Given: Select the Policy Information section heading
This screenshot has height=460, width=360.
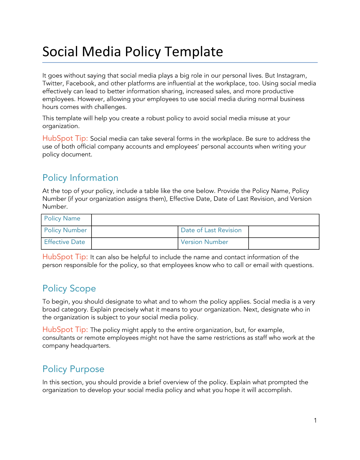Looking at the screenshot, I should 80,178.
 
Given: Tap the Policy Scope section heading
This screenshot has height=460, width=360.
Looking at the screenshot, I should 69,288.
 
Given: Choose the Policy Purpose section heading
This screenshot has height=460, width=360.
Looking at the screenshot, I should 73,369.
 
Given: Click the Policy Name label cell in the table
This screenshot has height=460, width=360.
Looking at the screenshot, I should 62,218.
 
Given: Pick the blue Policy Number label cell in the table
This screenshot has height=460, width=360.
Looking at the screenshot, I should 65,230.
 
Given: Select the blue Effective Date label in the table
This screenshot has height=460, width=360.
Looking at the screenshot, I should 64,242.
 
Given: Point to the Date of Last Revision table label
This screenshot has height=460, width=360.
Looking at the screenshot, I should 211,230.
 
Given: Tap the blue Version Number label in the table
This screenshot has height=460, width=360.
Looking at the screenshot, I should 204,242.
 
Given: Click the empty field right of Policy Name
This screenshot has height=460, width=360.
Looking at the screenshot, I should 205,220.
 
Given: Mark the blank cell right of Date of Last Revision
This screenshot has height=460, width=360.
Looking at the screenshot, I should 283,232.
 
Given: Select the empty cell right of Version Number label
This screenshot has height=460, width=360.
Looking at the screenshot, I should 283,243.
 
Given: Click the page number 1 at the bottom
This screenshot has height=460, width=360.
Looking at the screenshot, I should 315,420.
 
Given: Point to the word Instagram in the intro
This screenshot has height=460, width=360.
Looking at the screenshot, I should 291,76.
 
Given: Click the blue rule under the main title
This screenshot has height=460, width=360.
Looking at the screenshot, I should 180,62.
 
